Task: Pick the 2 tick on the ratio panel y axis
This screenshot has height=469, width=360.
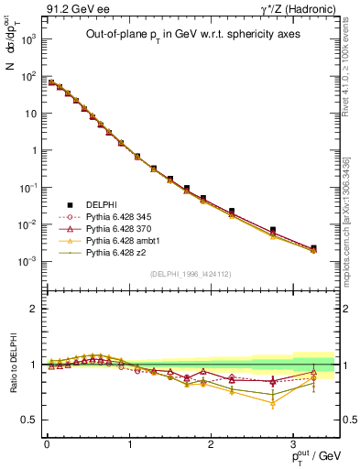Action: pyautogui.click(x=34, y=309)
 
